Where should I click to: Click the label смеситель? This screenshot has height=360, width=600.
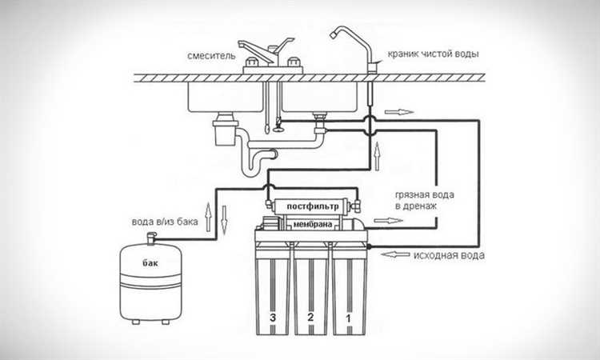[x=211, y=56]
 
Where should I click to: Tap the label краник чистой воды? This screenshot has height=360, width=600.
[x=433, y=54]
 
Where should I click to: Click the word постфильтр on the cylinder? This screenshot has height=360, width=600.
[x=313, y=206]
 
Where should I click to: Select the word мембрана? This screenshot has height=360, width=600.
[x=312, y=225]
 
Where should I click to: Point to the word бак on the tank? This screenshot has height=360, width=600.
[x=150, y=263]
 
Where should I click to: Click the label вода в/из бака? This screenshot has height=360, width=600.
[x=165, y=222]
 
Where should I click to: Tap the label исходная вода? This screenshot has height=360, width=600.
[x=449, y=255]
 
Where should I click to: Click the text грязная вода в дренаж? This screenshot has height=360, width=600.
[x=424, y=201]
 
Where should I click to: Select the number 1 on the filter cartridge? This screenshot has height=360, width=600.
[x=348, y=318]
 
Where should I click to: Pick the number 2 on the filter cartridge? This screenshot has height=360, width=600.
[x=310, y=317]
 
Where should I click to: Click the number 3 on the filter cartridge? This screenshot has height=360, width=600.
[x=273, y=318]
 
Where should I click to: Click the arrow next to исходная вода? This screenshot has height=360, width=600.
[x=396, y=254]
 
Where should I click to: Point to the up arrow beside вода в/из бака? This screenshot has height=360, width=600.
[x=208, y=217]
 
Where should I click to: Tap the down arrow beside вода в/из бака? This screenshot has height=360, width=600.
[x=224, y=220]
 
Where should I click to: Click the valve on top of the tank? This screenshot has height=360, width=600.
[x=151, y=238]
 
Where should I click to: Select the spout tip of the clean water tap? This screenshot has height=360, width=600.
[x=333, y=35]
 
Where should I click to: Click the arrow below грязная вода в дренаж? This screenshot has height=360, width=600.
[x=388, y=221]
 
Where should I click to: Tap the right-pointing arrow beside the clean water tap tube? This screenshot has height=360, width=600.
[x=399, y=112]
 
